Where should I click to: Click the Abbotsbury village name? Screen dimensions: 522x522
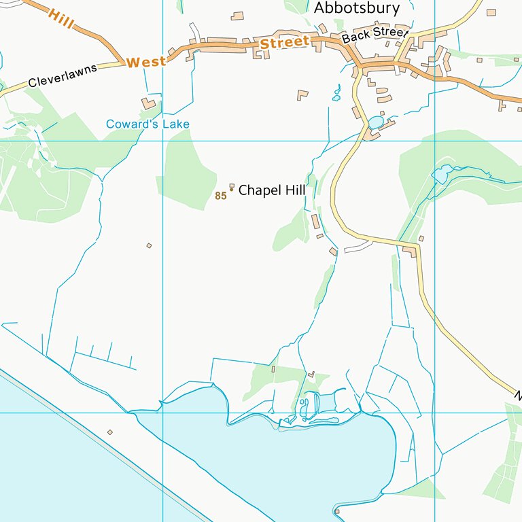click(356, 8)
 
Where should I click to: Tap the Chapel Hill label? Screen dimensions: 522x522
click(271, 191)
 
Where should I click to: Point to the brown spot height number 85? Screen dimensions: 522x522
click(220, 196)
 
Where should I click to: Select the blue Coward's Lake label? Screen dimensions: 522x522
click(147, 124)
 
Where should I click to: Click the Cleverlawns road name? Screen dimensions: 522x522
click(63, 75)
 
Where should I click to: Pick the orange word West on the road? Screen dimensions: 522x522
click(146, 62)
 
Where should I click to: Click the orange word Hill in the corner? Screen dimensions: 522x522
click(61, 20)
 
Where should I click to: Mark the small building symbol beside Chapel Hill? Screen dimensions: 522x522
click(232, 186)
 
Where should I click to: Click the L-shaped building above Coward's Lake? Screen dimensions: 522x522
click(149, 103)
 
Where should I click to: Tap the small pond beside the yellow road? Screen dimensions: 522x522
click(375, 122)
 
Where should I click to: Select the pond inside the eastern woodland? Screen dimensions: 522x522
click(441, 175)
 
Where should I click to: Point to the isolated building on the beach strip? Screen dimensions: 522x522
click(110, 432)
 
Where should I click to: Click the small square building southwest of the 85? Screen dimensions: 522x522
click(149, 245)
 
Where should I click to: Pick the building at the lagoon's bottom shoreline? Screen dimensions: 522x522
click(336, 511)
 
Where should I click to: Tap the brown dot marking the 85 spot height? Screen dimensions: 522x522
click(231, 190)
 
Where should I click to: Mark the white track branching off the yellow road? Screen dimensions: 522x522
click(358, 248)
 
